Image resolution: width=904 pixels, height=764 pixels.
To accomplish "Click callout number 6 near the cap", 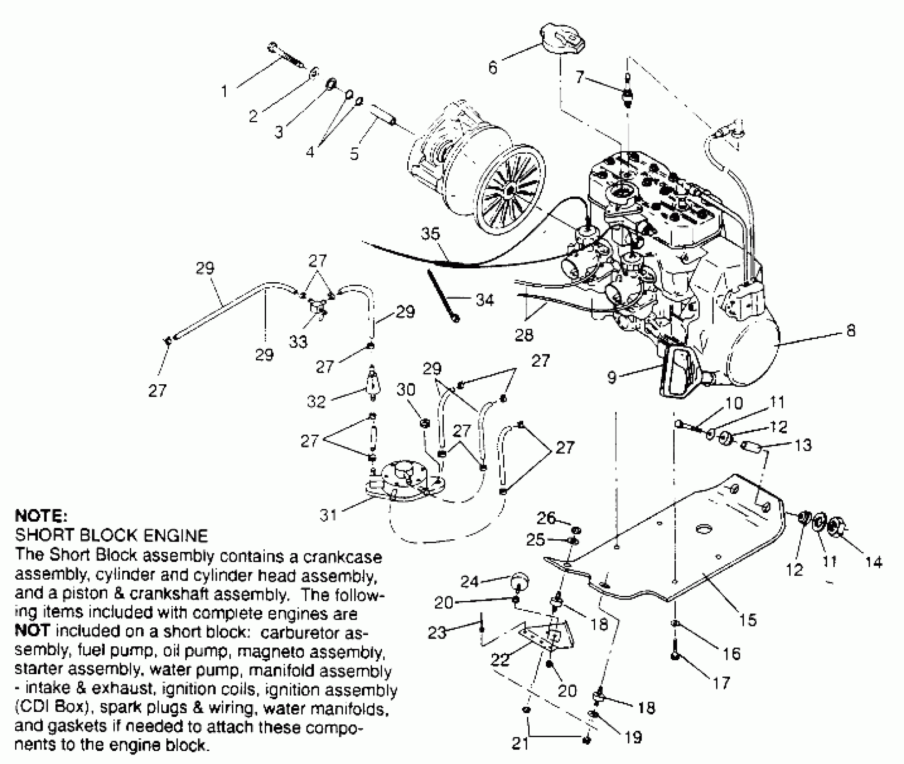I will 493,68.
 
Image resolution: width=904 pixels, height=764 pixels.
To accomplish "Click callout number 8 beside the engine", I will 851,331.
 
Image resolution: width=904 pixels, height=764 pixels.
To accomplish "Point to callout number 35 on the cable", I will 430,234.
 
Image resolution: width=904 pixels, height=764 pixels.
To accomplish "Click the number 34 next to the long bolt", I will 485,300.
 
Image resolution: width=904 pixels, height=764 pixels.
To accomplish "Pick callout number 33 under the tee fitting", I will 298,342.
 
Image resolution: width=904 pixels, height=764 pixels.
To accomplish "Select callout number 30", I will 405,390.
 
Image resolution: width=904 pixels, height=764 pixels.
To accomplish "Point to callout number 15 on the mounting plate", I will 748,620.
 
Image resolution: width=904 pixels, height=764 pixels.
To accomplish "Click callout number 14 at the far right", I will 873,561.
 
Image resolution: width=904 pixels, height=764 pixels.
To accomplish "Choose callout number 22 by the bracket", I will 500,660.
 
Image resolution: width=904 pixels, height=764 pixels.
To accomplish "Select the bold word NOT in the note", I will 31,631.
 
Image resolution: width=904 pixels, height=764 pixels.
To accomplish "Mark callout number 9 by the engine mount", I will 611,377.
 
